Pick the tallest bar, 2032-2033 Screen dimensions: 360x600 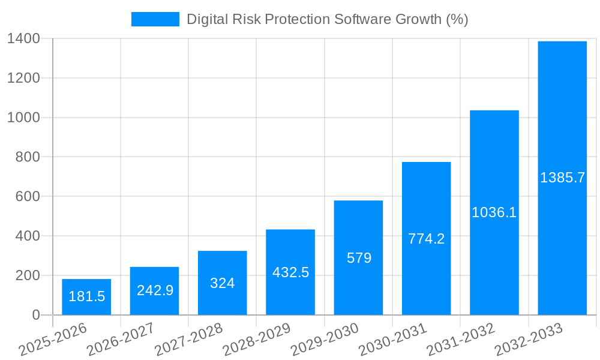point(562,120)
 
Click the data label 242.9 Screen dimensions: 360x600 point(155,290)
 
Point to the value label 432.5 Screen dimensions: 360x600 point(290,272)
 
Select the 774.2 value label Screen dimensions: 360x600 point(427,239)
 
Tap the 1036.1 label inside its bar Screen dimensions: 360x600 point(494,212)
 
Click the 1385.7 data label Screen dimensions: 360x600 point(562,178)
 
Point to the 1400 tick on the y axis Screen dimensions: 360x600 point(23,39)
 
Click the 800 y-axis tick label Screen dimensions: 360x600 point(28,157)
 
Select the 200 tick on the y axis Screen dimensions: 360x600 point(28,275)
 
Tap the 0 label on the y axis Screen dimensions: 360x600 point(35,315)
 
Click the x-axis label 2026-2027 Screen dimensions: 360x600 point(121,340)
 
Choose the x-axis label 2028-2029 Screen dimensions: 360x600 point(257,340)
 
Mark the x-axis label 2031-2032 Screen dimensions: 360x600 point(460,340)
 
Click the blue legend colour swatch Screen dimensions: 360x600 point(155,19)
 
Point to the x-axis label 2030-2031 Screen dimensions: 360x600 point(392,340)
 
